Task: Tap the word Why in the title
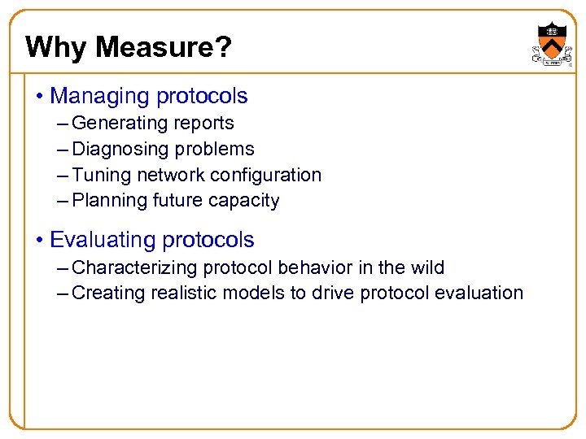56,47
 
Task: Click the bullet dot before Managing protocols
40,97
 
